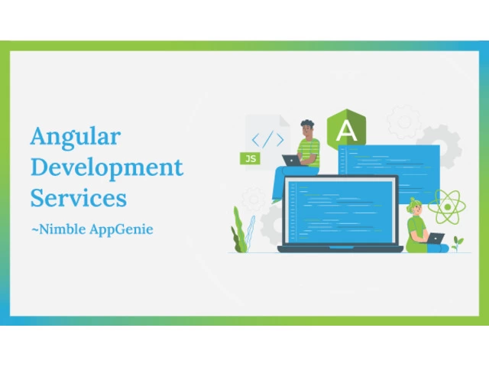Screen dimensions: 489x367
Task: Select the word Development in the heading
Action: coord(107,168)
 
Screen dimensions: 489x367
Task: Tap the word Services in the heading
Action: coord(79,198)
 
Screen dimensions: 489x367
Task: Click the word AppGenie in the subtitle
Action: coord(121,229)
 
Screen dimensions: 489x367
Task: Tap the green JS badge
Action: coord(250,158)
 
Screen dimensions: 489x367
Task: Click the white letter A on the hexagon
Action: coord(346,131)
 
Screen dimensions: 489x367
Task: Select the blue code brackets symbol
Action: coord(267,139)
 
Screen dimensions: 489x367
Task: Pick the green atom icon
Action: coord(447,206)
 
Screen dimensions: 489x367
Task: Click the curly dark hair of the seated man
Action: coord(307,123)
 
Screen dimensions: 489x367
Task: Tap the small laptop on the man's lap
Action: coord(291,161)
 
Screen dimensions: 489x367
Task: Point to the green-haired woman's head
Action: coord(415,206)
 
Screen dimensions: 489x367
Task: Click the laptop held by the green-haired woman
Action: coord(436,238)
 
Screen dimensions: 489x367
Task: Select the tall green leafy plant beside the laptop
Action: coord(239,230)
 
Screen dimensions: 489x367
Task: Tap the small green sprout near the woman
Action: coord(457,244)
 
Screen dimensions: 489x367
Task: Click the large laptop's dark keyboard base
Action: coord(340,249)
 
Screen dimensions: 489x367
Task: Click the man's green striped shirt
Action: coord(309,152)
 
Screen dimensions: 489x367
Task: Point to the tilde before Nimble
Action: coord(34,230)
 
